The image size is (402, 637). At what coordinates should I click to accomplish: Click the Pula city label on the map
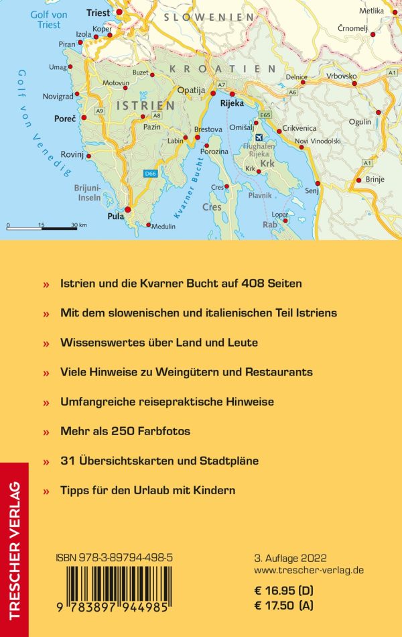(116, 217)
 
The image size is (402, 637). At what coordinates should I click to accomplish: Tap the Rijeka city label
(232, 104)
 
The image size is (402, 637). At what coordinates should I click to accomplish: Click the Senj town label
(312, 192)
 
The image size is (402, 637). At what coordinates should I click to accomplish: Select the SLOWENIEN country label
(210, 17)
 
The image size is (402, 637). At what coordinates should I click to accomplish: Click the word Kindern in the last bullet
(214, 490)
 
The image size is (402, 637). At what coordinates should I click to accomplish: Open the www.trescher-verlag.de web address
(310, 570)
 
